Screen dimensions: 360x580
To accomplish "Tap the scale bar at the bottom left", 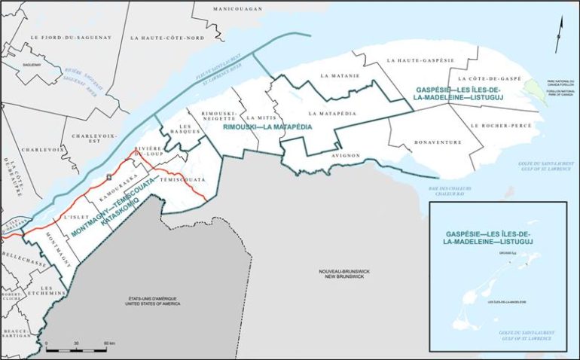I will [x=75, y=349].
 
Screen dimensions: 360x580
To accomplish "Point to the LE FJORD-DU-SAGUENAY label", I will [x=60, y=37].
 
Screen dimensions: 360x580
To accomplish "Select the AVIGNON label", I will [x=345, y=155].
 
